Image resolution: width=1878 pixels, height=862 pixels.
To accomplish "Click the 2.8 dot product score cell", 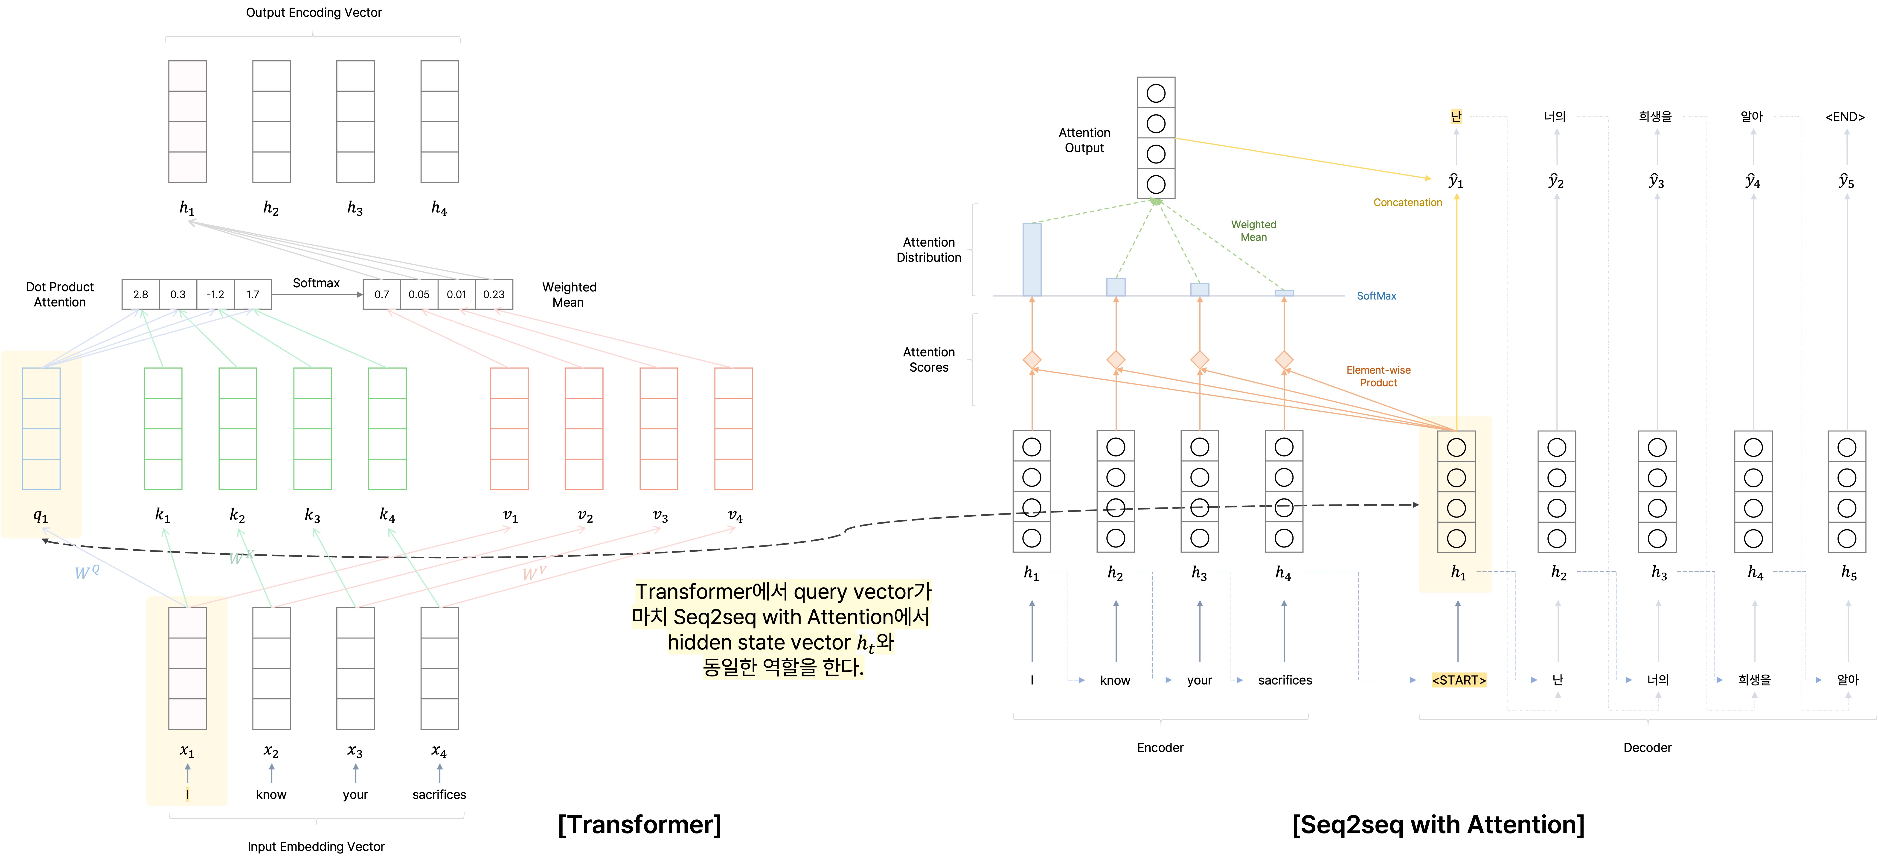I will click(x=141, y=295).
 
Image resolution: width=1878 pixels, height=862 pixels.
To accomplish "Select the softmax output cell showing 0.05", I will click(x=419, y=295).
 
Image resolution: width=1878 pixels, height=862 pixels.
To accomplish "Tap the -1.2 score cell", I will click(x=215, y=295).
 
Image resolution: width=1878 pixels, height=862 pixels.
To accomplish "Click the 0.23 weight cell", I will click(x=494, y=295).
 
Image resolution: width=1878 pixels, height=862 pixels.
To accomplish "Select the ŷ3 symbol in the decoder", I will click(x=1656, y=181).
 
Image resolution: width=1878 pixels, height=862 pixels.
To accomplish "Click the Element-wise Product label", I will click(x=1378, y=376).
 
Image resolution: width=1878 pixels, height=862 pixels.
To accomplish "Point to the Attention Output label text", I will click(x=1084, y=140).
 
